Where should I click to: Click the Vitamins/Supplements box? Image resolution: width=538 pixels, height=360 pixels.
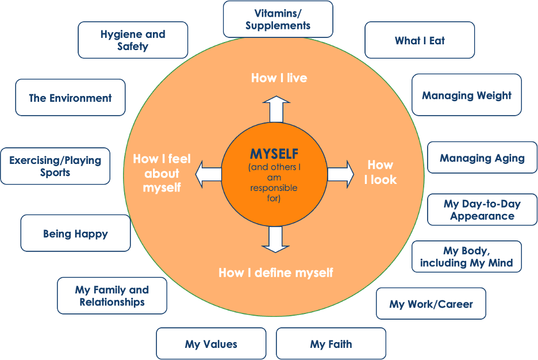point(278,19)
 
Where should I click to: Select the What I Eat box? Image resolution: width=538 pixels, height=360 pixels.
point(420,40)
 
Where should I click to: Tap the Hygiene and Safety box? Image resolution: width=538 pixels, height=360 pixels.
point(133,40)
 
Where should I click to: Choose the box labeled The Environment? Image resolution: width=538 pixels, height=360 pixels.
point(70,98)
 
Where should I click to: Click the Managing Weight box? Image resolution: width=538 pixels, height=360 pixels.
point(466,95)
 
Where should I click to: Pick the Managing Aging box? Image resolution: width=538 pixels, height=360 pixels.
point(482,158)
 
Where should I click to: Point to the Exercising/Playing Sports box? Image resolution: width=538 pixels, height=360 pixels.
point(55,166)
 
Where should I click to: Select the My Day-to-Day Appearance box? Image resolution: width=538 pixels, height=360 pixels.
point(482,210)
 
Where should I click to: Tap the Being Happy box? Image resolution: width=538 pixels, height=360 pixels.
point(75,233)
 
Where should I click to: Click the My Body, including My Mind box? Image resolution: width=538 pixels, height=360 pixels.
point(466,257)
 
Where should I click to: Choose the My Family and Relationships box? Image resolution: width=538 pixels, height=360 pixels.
point(112,296)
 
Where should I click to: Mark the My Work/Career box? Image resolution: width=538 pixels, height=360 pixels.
point(431,304)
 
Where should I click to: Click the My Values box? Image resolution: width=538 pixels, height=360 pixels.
point(211,344)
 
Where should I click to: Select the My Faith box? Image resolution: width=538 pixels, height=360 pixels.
point(331,344)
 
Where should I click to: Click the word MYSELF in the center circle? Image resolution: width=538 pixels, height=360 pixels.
point(274,154)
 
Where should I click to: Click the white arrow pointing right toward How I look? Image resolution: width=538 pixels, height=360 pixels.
point(341,174)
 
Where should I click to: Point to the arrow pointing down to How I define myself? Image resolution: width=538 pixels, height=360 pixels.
point(276,239)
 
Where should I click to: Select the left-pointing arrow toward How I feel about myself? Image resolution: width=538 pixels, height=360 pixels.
point(208,174)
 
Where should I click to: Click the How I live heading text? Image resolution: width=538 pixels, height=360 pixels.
point(279,78)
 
